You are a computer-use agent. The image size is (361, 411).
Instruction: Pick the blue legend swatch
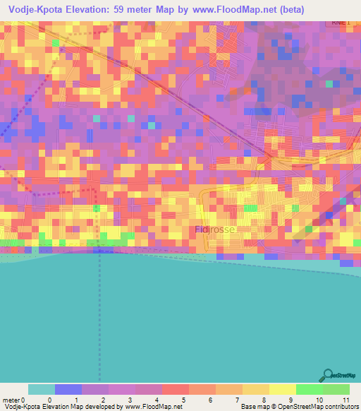pyautogui.click(x=68, y=389)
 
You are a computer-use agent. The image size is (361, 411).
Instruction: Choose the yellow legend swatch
pyautogui.click(x=282, y=389)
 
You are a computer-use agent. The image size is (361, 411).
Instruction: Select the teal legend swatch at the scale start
pyautogui.click(x=42, y=389)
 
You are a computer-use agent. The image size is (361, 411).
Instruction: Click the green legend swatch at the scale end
pyautogui.click(x=336, y=389)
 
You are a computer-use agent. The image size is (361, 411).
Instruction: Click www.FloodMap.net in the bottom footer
pyautogui.click(x=153, y=407)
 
